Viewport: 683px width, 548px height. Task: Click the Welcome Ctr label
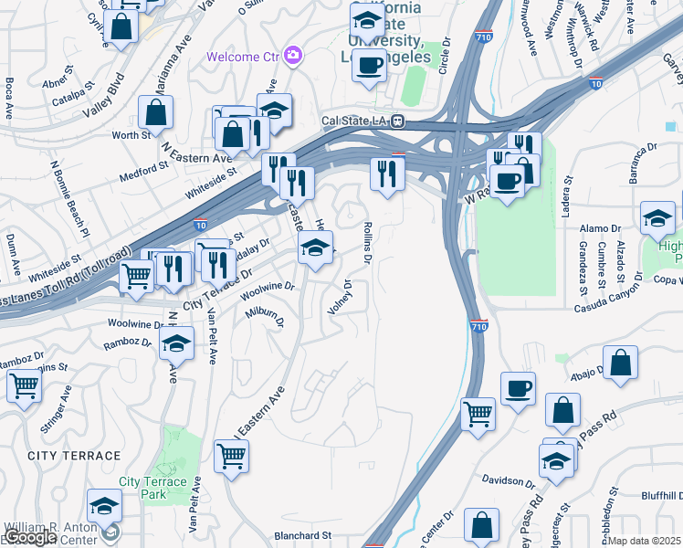pyautogui.click(x=244, y=56)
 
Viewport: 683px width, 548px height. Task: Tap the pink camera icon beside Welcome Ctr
pyautogui.click(x=293, y=56)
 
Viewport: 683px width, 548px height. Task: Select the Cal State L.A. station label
pyautogui.click(x=356, y=121)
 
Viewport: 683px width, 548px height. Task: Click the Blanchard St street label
pyautogui.click(x=302, y=535)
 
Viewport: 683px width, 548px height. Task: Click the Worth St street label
pyautogui.click(x=131, y=135)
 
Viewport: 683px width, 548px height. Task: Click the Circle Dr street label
pyautogui.click(x=446, y=56)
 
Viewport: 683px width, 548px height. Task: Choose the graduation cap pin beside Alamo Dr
pyautogui.click(x=657, y=218)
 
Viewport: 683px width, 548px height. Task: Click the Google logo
pyautogui.click(x=30, y=537)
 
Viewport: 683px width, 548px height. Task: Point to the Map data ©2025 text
pyautogui.click(x=646, y=541)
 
